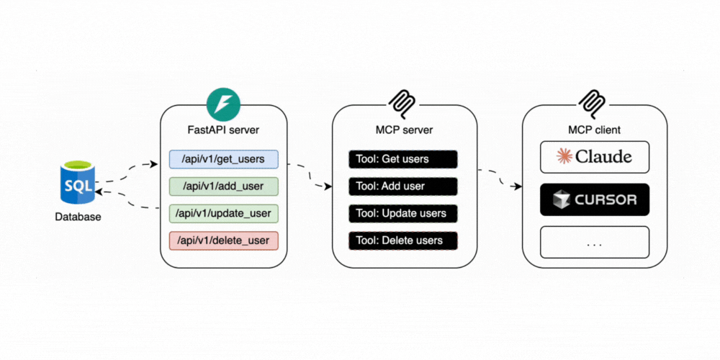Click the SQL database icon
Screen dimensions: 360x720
[78, 184]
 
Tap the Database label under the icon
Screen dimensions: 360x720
[78, 217]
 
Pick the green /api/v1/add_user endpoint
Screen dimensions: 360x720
[223, 186]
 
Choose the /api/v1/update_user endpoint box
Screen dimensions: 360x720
[223, 214]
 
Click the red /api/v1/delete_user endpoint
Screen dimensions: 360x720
[223, 240]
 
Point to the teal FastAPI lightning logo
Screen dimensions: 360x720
[223, 105]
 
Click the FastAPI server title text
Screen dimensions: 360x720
[223, 130]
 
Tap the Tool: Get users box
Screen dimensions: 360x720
[403, 159]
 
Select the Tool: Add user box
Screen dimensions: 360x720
[403, 186]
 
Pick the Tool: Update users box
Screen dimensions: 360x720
[403, 214]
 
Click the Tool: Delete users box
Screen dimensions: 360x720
[403, 240]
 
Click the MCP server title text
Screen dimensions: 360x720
[403, 130]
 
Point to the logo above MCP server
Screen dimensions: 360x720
[404, 105]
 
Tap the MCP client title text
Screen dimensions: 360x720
[595, 130]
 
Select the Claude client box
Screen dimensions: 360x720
[595, 157]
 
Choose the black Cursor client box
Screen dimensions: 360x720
[595, 199]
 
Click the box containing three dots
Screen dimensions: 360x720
[595, 243]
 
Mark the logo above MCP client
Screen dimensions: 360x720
[595, 105]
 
